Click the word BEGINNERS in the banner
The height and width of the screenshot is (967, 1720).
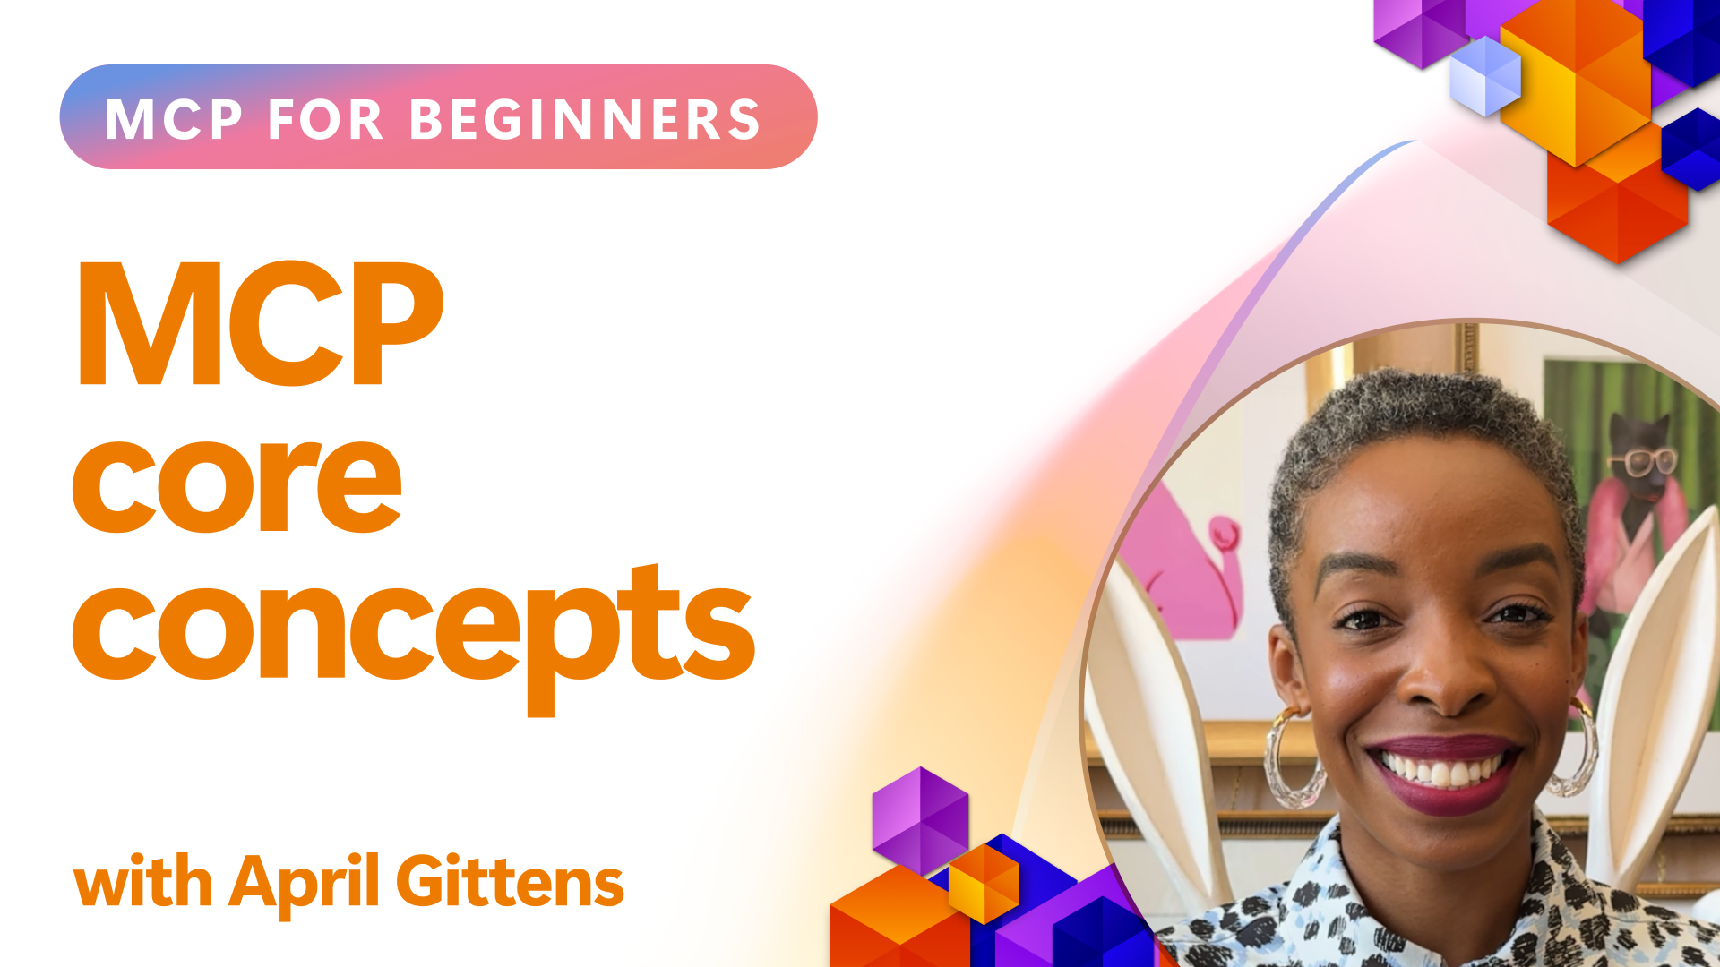585,120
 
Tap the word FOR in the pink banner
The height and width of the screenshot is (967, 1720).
326,120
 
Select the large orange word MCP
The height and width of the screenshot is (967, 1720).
261,323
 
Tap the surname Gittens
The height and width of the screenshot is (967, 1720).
510,881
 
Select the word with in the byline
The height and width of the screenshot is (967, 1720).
143,881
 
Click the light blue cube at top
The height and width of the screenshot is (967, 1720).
1485,76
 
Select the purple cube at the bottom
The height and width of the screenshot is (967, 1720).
920,820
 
